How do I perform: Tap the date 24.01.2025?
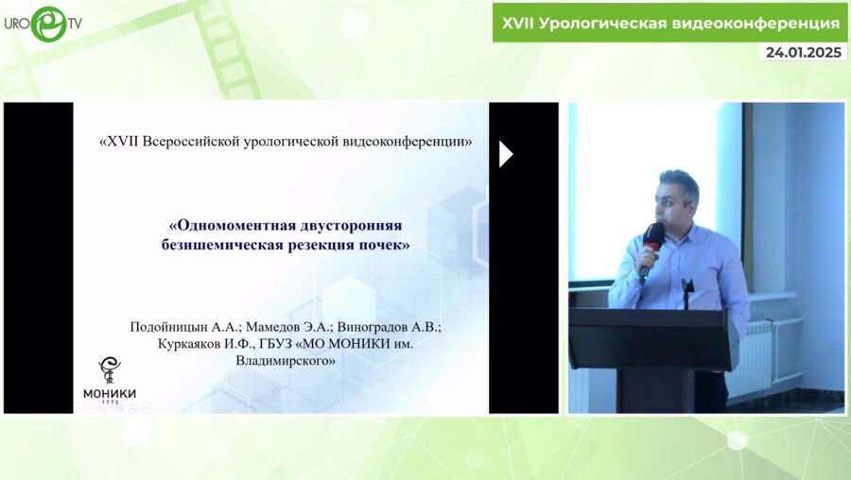(x=803, y=52)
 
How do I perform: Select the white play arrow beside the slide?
(x=505, y=154)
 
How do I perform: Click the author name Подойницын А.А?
(x=180, y=327)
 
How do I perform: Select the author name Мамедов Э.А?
(x=279, y=327)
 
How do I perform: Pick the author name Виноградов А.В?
(x=387, y=327)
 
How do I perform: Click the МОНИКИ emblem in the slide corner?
(x=110, y=370)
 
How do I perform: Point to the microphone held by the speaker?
(x=651, y=240)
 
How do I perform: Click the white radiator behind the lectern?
(x=757, y=359)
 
